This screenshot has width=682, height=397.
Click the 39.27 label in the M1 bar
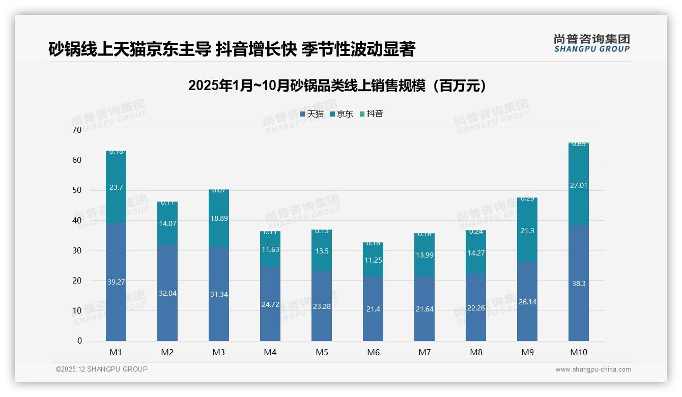[x=116, y=282]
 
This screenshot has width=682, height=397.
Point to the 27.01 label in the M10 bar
[x=579, y=185]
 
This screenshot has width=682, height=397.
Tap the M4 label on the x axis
[x=270, y=352]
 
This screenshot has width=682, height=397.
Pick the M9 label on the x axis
[x=527, y=352]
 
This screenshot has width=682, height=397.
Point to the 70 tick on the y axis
[x=77, y=130]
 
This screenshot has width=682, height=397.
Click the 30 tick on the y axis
[x=77, y=250]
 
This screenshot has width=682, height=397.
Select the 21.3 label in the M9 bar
[x=527, y=231]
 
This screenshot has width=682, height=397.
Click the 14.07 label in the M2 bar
[x=167, y=223]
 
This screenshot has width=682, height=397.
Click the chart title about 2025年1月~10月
[x=337, y=86]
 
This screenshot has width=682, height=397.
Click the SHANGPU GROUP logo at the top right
[x=591, y=43]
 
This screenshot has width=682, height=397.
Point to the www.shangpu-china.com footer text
[x=593, y=370]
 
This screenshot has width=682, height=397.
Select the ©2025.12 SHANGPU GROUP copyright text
[x=102, y=369]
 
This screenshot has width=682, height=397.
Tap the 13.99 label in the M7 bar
[x=424, y=255]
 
